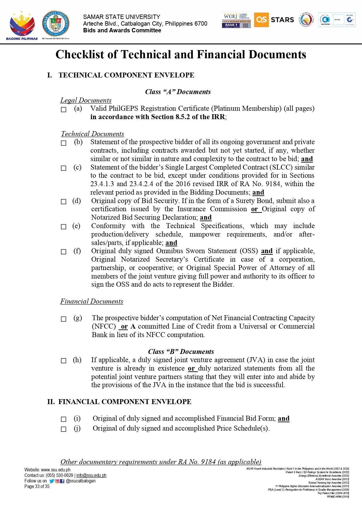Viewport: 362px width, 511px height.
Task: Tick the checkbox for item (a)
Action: [x=64, y=110]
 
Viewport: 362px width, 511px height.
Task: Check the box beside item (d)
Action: [x=64, y=202]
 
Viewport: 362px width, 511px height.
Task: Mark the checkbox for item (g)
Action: [x=64, y=319]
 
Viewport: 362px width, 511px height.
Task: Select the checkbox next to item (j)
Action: [x=64, y=429]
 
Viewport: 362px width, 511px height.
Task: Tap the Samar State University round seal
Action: [x=56, y=24]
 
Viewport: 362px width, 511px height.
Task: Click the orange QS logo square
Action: [x=261, y=20]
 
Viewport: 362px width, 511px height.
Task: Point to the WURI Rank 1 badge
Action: [x=236, y=20]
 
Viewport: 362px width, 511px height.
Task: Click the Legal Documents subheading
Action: [x=86, y=100]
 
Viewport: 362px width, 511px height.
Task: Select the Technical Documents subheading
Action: [x=92, y=134]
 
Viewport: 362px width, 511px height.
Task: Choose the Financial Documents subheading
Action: [x=92, y=301]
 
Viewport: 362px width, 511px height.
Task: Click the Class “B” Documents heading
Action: [x=181, y=352]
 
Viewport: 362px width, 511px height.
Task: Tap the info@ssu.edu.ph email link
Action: [x=91, y=475]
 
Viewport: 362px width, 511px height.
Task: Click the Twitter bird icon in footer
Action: [x=52, y=481]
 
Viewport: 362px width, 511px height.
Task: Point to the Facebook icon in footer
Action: [x=62, y=481]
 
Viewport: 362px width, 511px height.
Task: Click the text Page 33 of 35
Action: [x=37, y=487]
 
